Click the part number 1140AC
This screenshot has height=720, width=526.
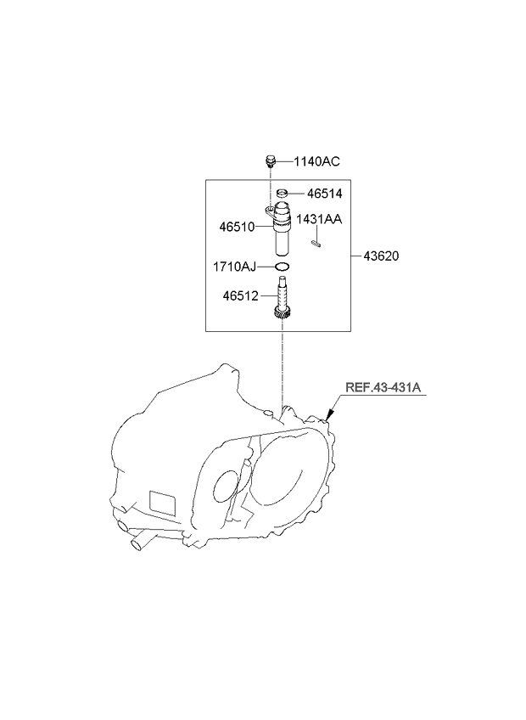coord(316,161)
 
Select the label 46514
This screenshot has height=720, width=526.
coord(324,194)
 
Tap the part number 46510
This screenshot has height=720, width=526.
coord(237,227)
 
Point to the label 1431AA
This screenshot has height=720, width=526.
coord(319,219)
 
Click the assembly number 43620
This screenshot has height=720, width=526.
coord(381,256)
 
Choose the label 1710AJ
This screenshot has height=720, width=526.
coord(234,267)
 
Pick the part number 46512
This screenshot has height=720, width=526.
coord(240,296)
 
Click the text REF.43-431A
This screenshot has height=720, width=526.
coord(383,387)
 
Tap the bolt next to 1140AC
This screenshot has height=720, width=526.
coord(270,161)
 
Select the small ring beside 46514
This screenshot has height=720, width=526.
coord(283,193)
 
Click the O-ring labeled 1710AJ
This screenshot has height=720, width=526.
coord(282,267)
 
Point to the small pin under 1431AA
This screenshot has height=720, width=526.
coord(316,244)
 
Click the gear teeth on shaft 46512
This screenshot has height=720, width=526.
coord(282,314)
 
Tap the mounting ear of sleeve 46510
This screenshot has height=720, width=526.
coord(270,211)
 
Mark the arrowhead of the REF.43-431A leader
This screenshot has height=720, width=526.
coord(328,417)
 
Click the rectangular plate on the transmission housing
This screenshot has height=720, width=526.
coord(163,503)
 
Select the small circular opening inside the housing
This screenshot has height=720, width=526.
coord(225,487)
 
